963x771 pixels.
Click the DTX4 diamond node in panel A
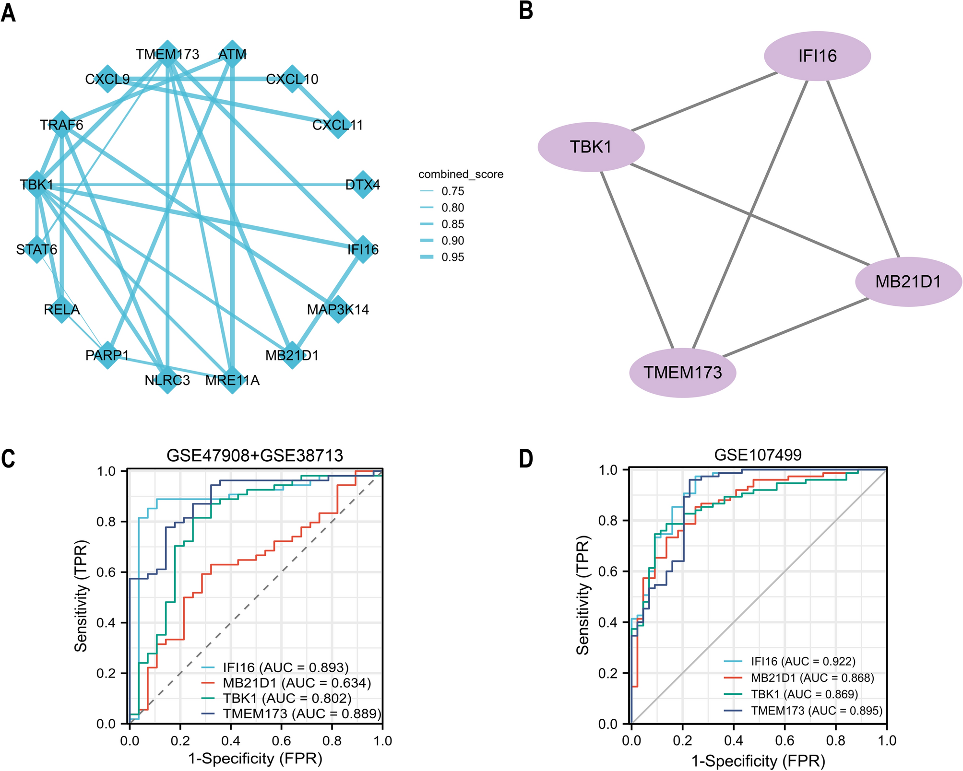point(363,184)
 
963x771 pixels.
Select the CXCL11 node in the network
point(338,125)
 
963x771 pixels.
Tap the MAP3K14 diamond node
point(338,309)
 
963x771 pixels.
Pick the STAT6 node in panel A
point(37,249)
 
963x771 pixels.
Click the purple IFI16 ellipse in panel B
point(817,56)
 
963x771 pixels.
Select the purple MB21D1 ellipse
point(908,281)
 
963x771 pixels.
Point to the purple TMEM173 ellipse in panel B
point(682,373)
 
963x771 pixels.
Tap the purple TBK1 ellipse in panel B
point(591,147)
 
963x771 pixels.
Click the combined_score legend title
point(461,175)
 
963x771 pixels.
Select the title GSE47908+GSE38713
point(255,455)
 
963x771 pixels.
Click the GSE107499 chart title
point(758,455)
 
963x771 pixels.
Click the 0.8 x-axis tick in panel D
point(836,740)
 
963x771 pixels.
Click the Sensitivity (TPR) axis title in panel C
point(82,596)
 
